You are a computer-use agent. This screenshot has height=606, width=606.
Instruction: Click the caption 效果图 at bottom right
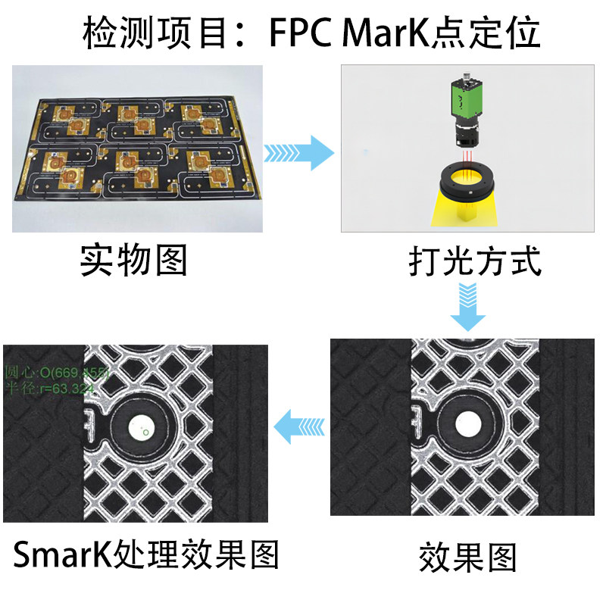(467, 558)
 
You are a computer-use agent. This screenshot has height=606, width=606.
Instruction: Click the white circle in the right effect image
(468, 424)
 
